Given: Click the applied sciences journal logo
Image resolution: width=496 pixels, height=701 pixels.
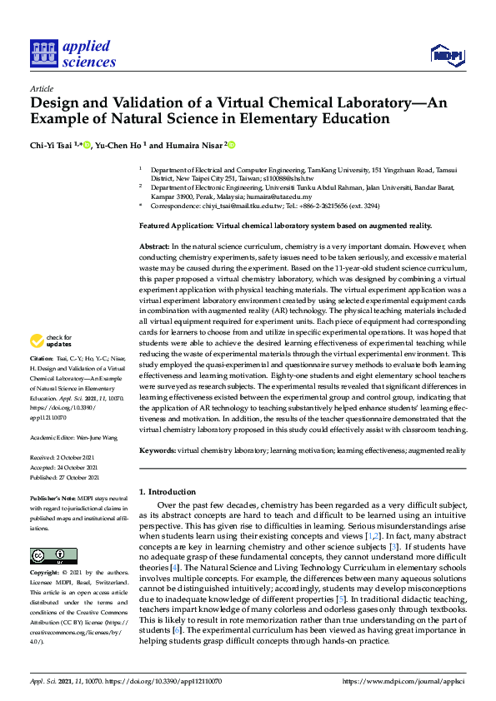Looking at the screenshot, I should coord(73,53).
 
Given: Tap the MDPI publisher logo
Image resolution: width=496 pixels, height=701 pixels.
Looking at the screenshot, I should coord(446,55).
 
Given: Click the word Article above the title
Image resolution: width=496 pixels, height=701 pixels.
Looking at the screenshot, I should coord(41,87).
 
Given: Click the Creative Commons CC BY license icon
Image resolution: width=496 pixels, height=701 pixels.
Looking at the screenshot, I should coord(48,554).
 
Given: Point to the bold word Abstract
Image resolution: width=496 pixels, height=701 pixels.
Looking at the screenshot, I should coord(153,247).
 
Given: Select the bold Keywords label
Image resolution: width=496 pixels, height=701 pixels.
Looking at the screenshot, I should coord(158,450).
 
